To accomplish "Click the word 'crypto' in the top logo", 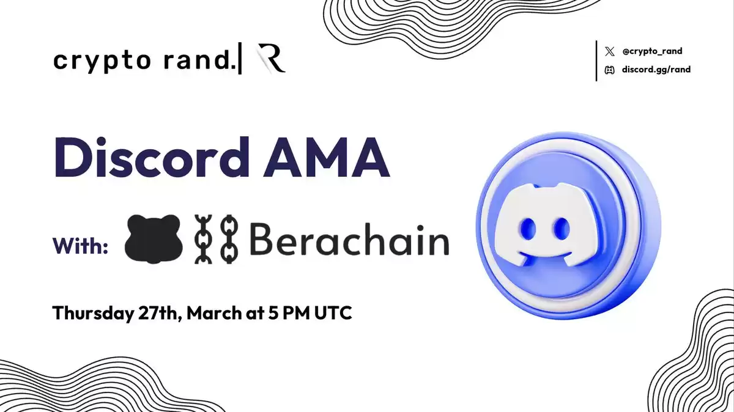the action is (x=102, y=61).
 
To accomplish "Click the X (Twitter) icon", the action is (x=609, y=51).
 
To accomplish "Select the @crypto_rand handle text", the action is (x=652, y=51).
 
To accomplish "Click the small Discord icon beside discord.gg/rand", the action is (x=609, y=70).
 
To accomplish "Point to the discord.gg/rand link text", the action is (x=656, y=70).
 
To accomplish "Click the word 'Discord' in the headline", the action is (x=152, y=158).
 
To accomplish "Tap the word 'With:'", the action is (x=80, y=246).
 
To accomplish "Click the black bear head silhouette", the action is (x=154, y=238).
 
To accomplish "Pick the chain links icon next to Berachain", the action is (x=217, y=239).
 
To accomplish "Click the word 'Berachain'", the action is (x=350, y=239).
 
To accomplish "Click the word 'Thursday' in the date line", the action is (x=93, y=313).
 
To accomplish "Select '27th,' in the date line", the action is (x=160, y=313).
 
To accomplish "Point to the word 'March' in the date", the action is (x=214, y=312).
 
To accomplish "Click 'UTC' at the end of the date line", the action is (x=333, y=312).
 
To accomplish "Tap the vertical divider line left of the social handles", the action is (x=596, y=61).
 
